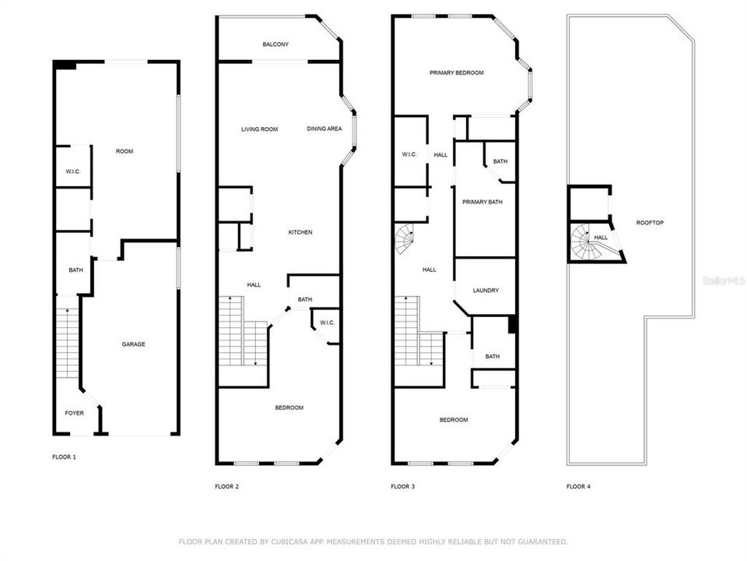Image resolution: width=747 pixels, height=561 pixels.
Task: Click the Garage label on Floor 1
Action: coord(133,344)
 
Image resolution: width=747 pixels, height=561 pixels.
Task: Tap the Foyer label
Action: coord(74,413)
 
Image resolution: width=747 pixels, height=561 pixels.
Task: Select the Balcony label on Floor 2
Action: coord(275,44)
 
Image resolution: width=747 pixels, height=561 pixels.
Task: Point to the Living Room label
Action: coord(259,129)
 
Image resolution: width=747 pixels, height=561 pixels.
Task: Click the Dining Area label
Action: coord(324,129)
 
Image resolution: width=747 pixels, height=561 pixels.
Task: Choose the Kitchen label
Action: coord(300,232)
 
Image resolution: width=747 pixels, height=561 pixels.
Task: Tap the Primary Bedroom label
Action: coord(456,72)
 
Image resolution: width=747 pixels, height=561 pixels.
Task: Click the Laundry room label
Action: coord(486,291)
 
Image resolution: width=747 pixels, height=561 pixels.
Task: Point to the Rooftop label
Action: coord(650,223)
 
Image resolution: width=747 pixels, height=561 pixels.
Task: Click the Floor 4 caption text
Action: coord(578,486)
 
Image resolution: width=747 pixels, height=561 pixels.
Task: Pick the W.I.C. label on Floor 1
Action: coord(73,171)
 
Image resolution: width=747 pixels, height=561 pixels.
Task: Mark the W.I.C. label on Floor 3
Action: coord(409,154)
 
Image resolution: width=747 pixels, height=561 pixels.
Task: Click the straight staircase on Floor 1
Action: coord(68,343)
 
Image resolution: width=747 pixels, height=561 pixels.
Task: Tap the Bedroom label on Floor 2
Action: coord(289,408)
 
